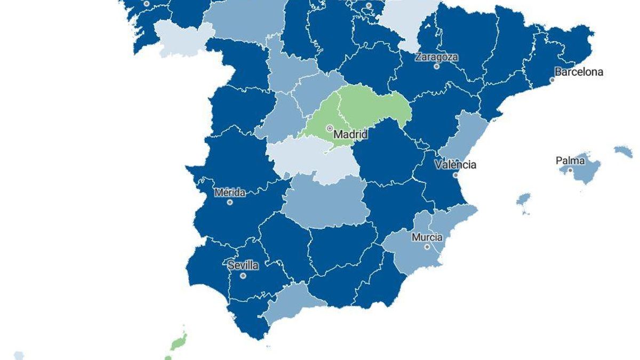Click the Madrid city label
click(350, 134)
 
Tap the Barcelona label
click(579, 71)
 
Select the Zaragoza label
click(437, 57)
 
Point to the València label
click(455, 164)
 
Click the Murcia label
click(427, 237)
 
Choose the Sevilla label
click(243, 265)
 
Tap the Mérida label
click(230, 193)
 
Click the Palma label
click(570, 160)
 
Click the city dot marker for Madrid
click(330, 129)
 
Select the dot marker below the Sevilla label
click(243, 276)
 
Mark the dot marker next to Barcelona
click(553, 80)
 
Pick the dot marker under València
click(455, 174)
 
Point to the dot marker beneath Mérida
click(230, 202)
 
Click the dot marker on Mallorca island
click(570, 170)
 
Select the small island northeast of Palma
click(623, 151)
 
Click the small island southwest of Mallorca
click(524, 201)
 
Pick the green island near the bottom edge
click(180, 340)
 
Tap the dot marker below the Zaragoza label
click(437, 66)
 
